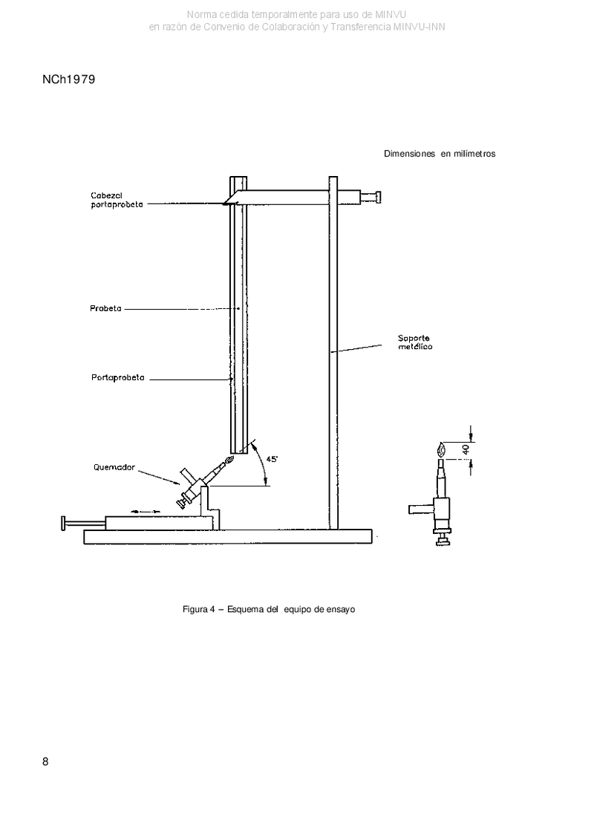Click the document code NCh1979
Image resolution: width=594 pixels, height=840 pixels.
(x=68, y=79)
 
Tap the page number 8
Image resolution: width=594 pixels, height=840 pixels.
(x=45, y=762)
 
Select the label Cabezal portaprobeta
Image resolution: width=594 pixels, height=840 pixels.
(x=117, y=201)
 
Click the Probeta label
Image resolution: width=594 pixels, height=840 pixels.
(x=105, y=308)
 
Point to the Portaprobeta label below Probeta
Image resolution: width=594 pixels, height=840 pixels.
(x=118, y=378)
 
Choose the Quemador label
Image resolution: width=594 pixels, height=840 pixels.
(x=114, y=467)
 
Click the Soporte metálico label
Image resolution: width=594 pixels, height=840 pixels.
(x=414, y=342)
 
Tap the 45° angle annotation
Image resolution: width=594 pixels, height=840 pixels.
(x=272, y=459)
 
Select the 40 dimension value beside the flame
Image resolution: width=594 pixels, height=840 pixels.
(x=466, y=449)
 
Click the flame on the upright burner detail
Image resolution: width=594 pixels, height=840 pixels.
(x=441, y=448)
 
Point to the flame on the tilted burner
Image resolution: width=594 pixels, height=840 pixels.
(x=231, y=460)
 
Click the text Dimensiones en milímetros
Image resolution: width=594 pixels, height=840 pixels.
(x=440, y=154)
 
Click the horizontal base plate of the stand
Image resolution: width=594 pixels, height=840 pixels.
(x=228, y=537)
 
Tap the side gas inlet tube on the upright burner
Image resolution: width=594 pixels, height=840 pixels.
(x=421, y=509)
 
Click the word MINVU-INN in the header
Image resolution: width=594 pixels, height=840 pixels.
(x=419, y=27)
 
